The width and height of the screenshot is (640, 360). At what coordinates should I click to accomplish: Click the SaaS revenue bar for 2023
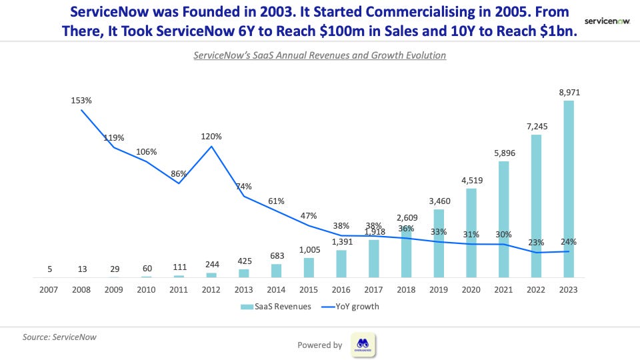[569, 189]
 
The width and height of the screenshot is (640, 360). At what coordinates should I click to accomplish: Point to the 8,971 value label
[569, 93]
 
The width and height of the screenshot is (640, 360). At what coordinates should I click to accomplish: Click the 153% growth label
[81, 101]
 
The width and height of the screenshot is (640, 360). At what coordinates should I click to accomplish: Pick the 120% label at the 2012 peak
[211, 136]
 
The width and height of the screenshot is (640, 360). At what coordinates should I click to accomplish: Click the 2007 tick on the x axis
[49, 289]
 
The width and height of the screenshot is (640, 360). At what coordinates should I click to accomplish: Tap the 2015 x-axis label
[309, 289]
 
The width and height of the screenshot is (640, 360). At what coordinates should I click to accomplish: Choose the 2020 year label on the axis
[471, 289]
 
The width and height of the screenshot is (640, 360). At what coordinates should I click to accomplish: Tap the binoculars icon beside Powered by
[363, 345]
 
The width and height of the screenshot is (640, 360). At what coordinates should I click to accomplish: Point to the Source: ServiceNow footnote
[59, 337]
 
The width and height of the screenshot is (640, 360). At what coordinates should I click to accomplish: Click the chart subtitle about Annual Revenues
[319, 55]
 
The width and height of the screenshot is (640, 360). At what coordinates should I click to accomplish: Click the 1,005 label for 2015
[309, 251]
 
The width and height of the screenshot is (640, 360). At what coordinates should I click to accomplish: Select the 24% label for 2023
[569, 242]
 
